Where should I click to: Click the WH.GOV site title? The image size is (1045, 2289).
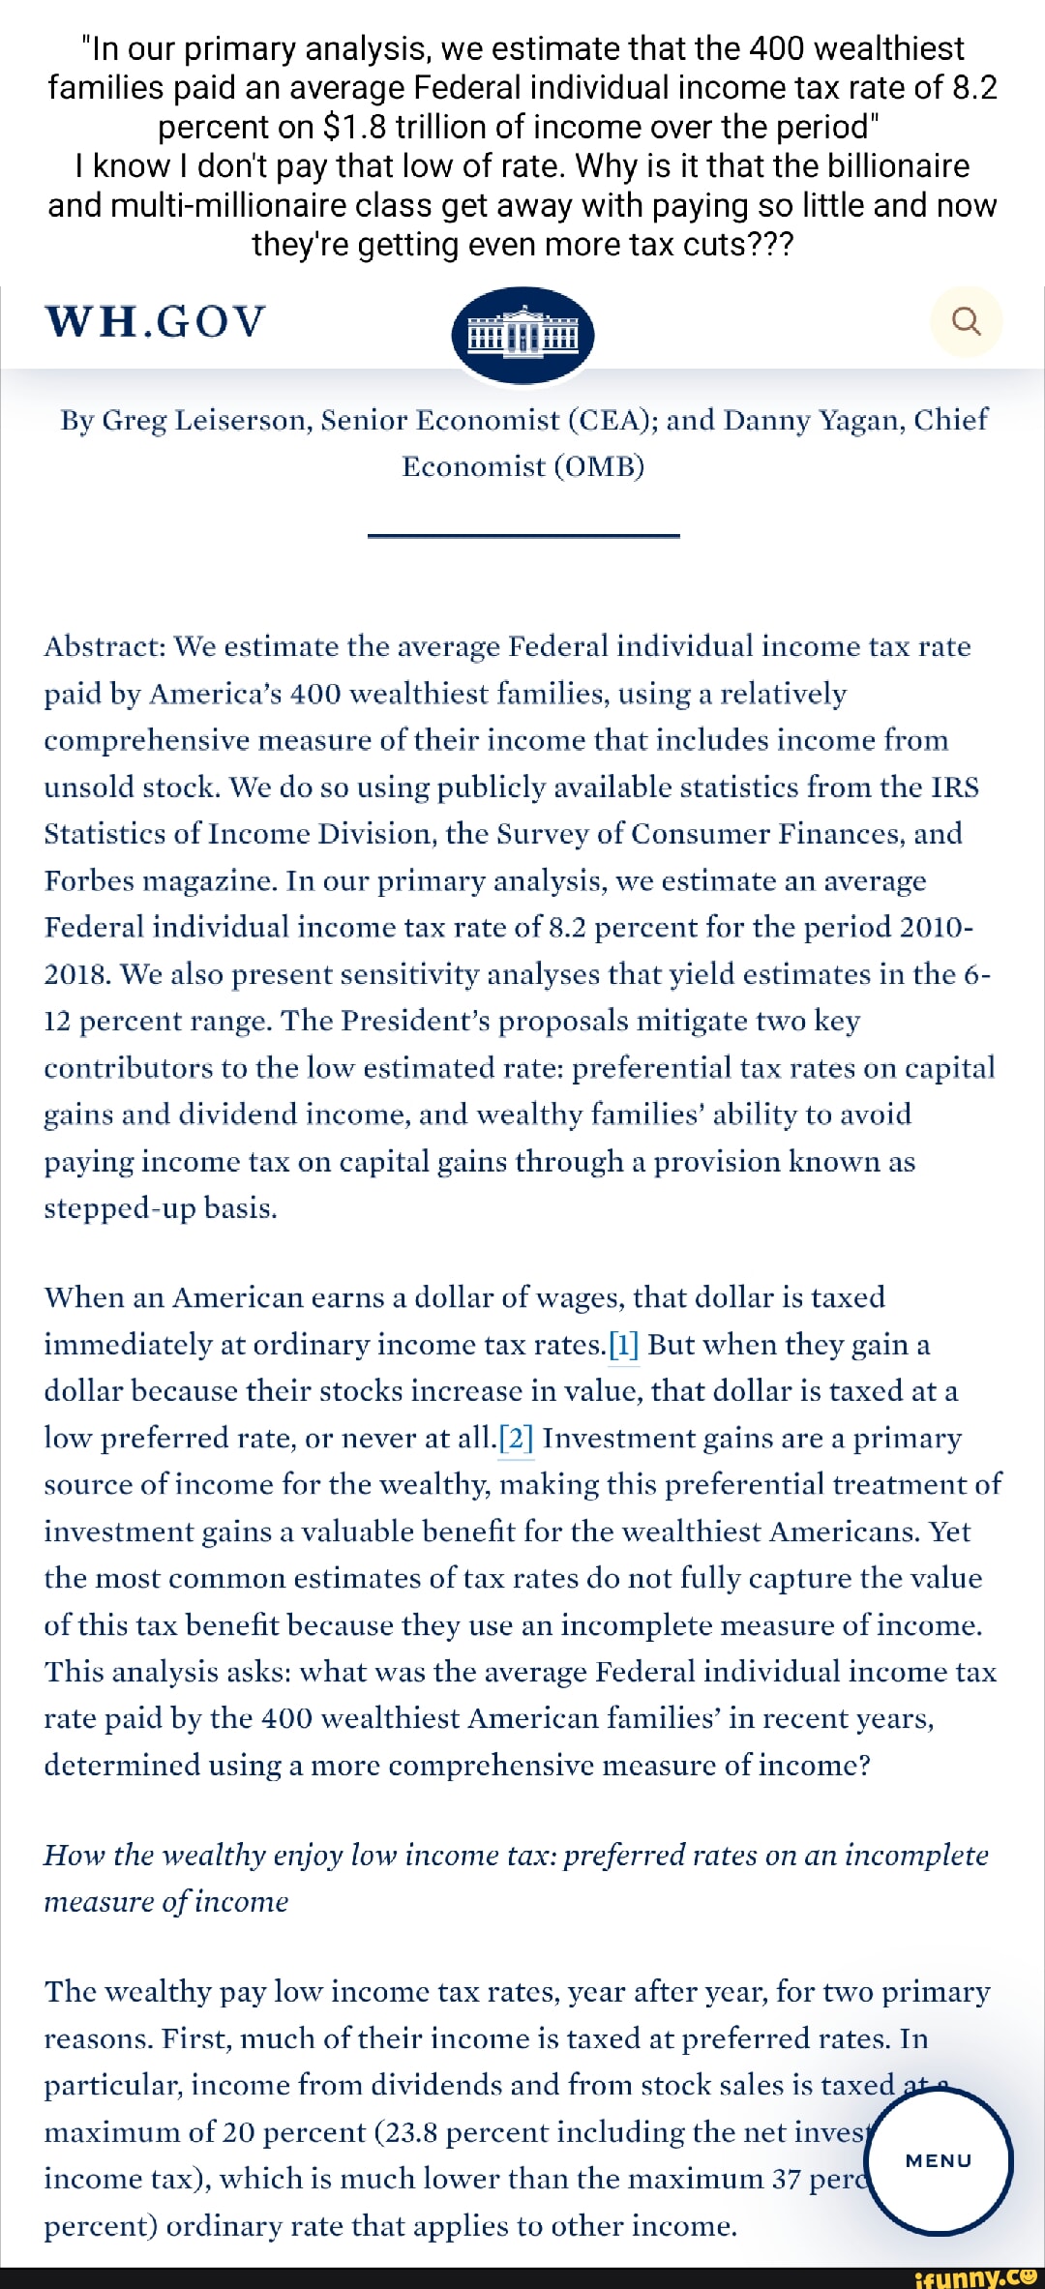pos(155,322)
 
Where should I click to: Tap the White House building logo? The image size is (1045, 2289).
pos(522,334)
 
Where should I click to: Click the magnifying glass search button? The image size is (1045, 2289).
pos(966,321)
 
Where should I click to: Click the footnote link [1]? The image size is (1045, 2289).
pos(624,1345)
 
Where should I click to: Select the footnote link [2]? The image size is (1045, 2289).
pos(516,1439)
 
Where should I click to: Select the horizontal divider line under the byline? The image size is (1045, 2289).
pos(522,535)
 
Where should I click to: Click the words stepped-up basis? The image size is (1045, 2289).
pos(160,1208)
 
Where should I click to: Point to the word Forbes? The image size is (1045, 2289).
pos(89,880)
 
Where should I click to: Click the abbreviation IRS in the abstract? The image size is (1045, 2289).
pos(954,787)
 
